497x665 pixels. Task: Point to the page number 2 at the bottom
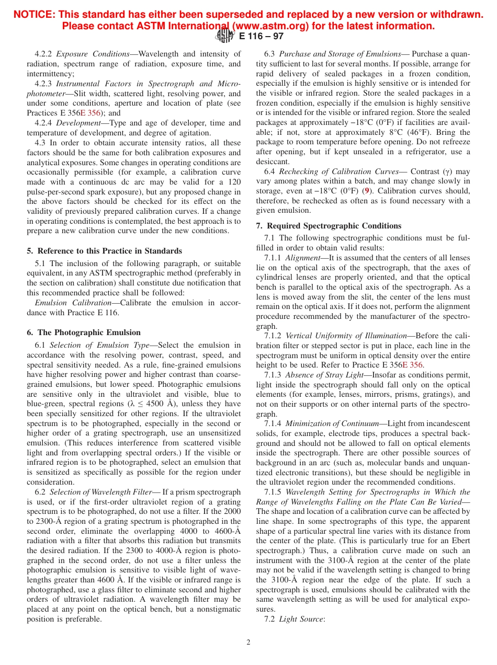click(x=249, y=643)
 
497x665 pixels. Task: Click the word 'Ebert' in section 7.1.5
click(x=459, y=541)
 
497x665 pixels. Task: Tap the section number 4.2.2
click(x=43, y=54)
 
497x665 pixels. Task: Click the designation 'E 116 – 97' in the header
click(x=261, y=36)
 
